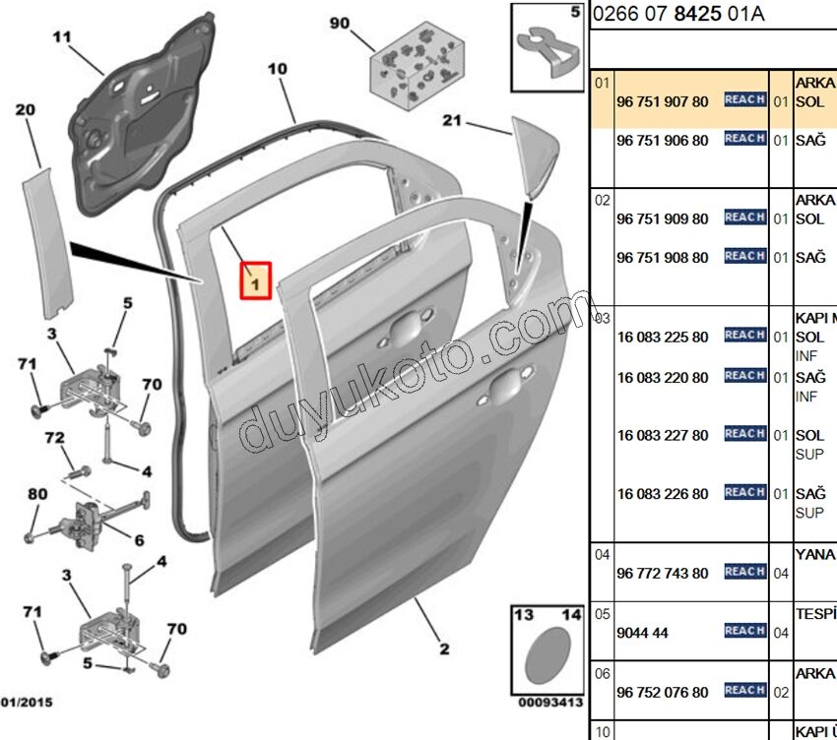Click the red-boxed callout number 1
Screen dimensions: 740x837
pos(255,282)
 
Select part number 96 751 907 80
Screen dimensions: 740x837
pos(662,101)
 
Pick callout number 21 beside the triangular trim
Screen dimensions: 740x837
pos(452,121)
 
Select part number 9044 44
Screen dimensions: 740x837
pos(642,633)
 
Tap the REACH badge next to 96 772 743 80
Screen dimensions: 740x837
pos(744,572)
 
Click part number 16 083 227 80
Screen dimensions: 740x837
pos(662,435)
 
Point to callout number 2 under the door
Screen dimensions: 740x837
pos(444,648)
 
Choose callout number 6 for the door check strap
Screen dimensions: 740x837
pos(139,539)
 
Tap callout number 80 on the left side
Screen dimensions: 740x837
pos(36,493)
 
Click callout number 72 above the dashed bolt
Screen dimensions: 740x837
pos(55,436)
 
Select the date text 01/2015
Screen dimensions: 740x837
pos(27,703)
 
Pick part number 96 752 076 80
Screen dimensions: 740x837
pos(662,693)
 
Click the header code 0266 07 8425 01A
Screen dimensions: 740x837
pos(678,14)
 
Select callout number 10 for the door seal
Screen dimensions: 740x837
pos(277,69)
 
